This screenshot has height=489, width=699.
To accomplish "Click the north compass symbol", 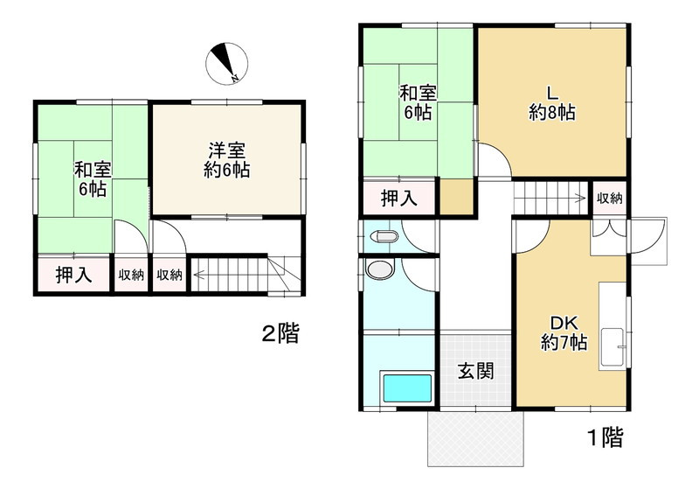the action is [x=227, y=64].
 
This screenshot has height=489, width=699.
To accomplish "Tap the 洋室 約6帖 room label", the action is [x=227, y=160].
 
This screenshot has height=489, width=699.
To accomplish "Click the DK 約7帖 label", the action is [x=564, y=332].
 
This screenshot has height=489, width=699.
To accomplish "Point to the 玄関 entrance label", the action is [x=476, y=370].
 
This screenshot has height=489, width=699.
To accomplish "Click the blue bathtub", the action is [x=408, y=388].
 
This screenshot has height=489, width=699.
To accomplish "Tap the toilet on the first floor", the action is [x=384, y=236].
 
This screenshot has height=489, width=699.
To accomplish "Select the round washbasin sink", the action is [x=379, y=270].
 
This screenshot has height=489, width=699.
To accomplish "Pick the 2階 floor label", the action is [x=280, y=333].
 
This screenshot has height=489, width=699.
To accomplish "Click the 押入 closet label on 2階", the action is [x=74, y=275].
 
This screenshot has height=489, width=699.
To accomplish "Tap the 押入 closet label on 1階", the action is [x=399, y=198].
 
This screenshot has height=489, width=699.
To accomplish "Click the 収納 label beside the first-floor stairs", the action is [x=609, y=198].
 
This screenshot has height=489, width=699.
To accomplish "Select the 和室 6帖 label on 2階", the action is [x=93, y=180].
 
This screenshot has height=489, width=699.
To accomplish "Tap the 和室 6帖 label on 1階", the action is [x=418, y=103].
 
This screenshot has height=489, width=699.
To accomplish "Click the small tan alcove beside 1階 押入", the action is [x=456, y=196].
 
